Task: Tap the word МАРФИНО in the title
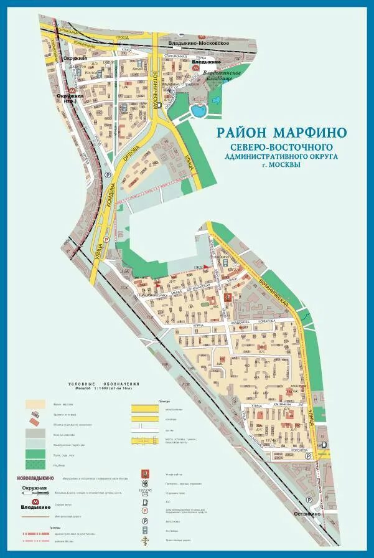click(x=309, y=133)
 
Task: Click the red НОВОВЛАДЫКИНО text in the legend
click(x=35, y=479)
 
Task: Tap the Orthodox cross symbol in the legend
click(x=145, y=540)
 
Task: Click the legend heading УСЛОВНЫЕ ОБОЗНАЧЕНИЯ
click(x=105, y=384)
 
